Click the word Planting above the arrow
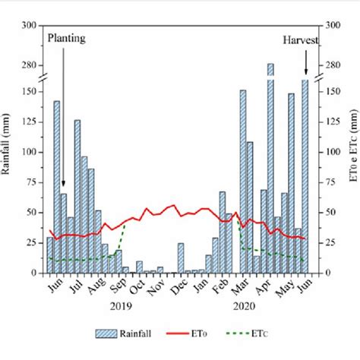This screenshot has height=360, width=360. click(67, 37)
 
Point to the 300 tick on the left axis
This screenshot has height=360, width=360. click(30, 26)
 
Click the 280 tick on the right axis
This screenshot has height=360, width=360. click(332, 65)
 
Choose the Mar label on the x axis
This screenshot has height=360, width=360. click(241, 288)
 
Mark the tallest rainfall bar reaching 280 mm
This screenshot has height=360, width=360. click(270, 68)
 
